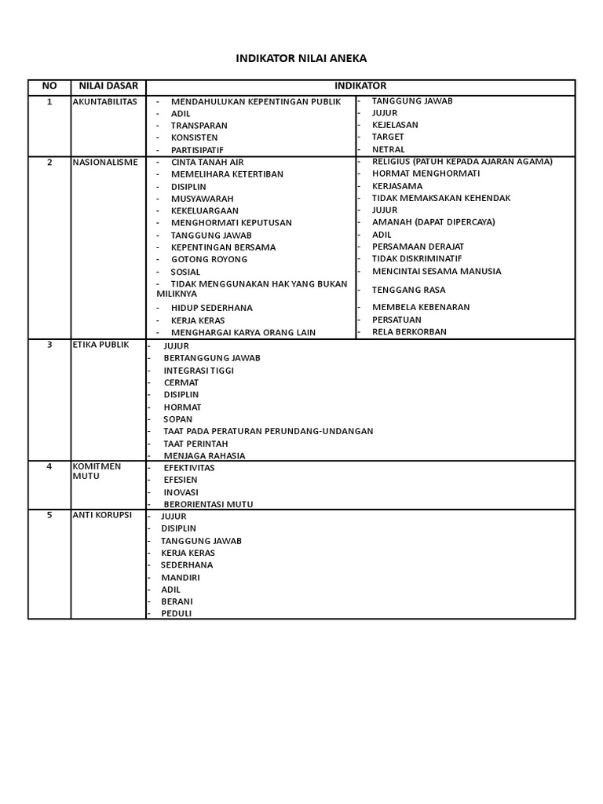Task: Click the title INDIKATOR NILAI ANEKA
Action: (x=301, y=58)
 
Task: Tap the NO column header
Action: (x=49, y=86)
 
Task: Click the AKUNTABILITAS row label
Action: (x=104, y=101)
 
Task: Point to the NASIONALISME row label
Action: (x=105, y=162)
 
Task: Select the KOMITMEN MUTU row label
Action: (x=97, y=470)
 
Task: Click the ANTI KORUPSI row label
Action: (x=102, y=515)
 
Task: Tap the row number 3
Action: (x=49, y=344)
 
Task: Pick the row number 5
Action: (x=49, y=515)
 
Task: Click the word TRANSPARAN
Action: (x=199, y=126)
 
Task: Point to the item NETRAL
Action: (x=388, y=149)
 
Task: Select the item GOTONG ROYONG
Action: (x=209, y=259)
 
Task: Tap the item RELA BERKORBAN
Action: (x=409, y=331)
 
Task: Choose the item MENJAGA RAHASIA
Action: (x=204, y=455)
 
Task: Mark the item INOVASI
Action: (x=181, y=492)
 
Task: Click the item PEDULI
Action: (x=176, y=613)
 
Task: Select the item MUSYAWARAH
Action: (x=202, y=199)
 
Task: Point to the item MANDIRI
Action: (x=180, y=577)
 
